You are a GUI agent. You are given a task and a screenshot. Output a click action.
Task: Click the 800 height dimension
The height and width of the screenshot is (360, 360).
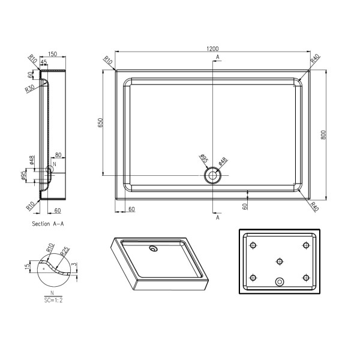323,135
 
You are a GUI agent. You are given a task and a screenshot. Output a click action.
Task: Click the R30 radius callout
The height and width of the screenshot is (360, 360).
29,89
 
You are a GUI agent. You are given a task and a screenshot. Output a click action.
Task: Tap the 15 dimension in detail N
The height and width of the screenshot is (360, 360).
27,266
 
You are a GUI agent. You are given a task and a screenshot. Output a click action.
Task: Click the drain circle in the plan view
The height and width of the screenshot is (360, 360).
212,176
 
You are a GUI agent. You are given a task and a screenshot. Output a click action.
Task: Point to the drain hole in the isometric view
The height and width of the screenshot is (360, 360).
154,247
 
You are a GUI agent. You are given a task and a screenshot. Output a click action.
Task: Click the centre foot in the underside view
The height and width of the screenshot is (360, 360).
279,261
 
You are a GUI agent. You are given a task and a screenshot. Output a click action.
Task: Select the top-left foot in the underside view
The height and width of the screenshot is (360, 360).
253,245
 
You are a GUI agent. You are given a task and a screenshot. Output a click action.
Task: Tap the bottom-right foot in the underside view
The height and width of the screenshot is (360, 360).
306,277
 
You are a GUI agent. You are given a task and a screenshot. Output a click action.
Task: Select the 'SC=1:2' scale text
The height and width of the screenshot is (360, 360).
52,299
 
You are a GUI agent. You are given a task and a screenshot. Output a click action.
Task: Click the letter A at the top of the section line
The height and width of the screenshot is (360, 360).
217,56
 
